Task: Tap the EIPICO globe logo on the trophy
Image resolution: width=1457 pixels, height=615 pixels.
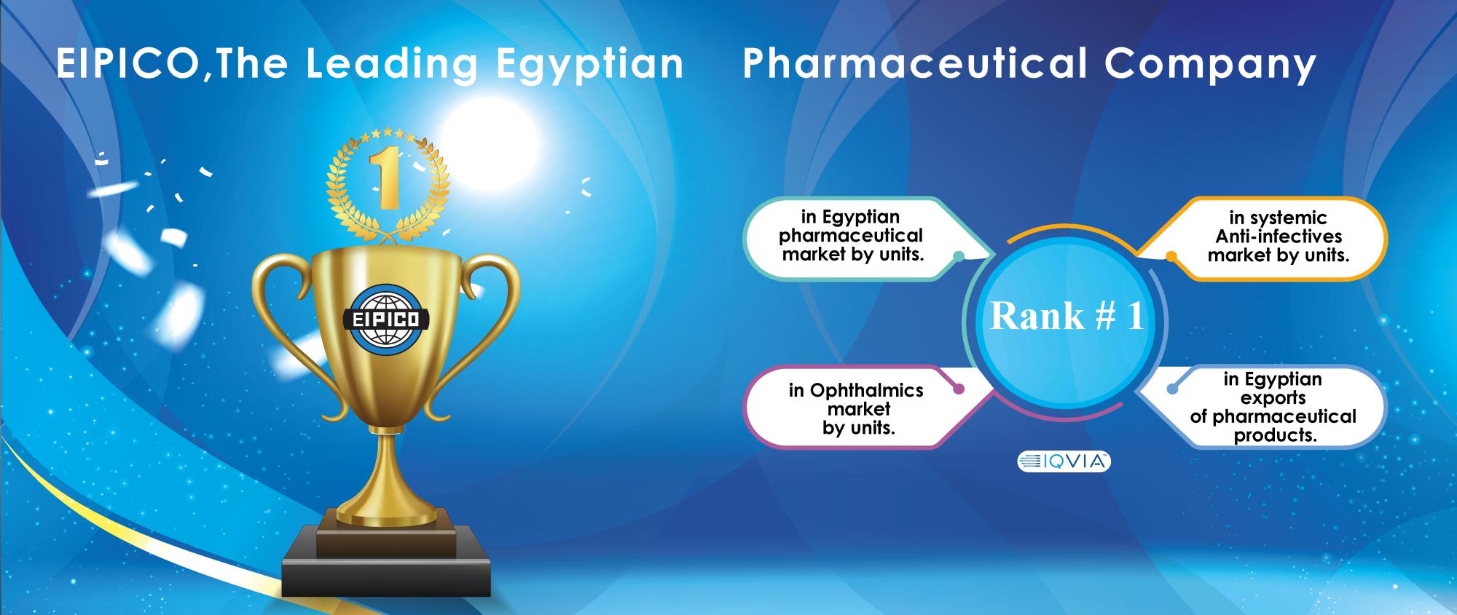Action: click(386, 319)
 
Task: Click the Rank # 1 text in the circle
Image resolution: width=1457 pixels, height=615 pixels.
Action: click(1067, 317)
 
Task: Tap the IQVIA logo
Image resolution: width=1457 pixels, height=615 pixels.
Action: click(1064, 461)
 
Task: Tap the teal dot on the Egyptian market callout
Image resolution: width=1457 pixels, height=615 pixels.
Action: click(959, 255)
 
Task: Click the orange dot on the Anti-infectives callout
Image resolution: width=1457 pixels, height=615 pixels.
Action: click(1171, 256)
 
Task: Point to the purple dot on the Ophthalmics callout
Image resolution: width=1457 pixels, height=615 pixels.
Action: click(959, 389)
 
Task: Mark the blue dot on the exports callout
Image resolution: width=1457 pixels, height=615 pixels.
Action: click(1171, 389)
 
